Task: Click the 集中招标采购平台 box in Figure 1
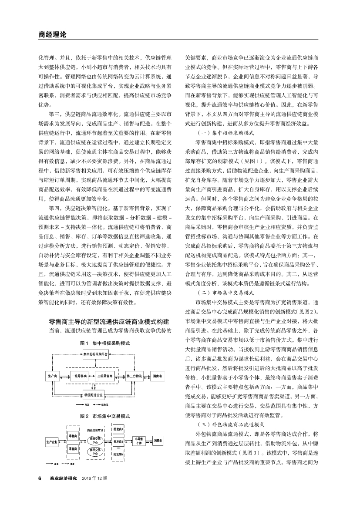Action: coord(95,355)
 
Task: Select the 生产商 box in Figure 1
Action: coord(53,375)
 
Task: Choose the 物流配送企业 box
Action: coord(95,395)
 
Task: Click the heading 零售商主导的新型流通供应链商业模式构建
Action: coord(109,322)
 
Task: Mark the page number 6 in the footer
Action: coord(40,478)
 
